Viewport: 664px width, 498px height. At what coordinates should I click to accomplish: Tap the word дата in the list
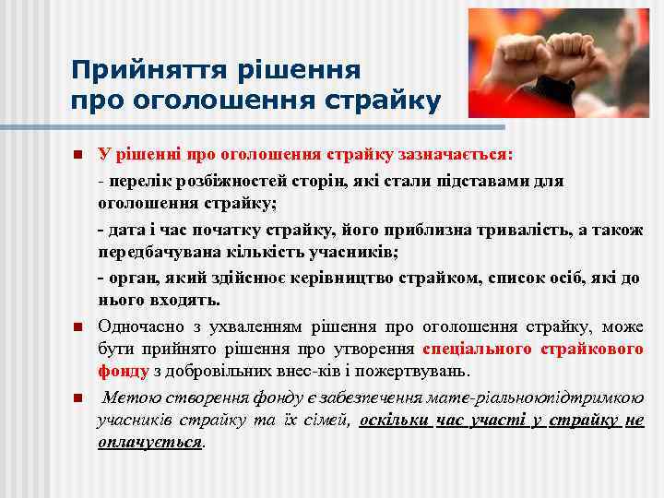click(x=125, y=229)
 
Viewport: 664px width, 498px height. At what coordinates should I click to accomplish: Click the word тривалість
click(x=515, y=229)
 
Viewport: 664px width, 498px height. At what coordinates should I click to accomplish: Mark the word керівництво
click(x=378, y=279)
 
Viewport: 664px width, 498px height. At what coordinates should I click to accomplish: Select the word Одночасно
click(x=140, y=326)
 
